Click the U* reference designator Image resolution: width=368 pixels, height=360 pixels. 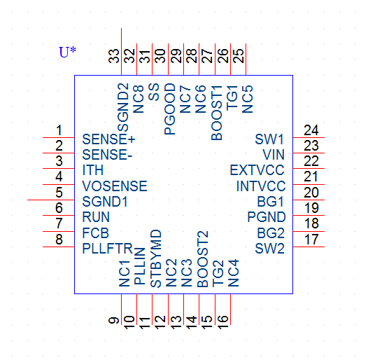[x=67, y=52]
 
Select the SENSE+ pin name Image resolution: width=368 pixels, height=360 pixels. [x=108, y=139]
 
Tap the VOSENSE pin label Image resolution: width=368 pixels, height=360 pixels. [x=115, y=186]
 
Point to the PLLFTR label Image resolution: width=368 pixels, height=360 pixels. [x=108, y=249]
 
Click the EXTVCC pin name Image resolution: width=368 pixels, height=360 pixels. [x=257, y=170]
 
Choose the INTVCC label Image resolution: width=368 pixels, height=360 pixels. [x=261, y=186]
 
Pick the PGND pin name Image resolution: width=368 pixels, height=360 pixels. [x=267, y=217]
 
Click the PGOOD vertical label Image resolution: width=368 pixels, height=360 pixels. [x=170, y=109]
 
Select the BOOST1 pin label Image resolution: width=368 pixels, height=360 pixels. [x=217, y=113]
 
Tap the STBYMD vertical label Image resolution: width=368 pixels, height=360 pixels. [x=156, y=258]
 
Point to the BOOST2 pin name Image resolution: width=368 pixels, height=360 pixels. [x=203, y=259]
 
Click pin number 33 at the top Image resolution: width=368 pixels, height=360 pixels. [x=114, y=56]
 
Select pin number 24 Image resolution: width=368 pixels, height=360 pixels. [x=311, y=130]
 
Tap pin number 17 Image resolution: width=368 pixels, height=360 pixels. [x=311, y=240]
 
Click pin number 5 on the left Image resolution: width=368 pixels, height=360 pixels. [x=59, y=193]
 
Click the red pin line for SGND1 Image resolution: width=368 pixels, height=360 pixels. [x=51, y=200]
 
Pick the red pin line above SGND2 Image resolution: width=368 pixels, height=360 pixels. [x=121, y=52]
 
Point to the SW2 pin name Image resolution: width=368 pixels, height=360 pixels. [x=269, y=249]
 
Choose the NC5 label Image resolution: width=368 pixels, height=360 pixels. [x=248, y=99]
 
